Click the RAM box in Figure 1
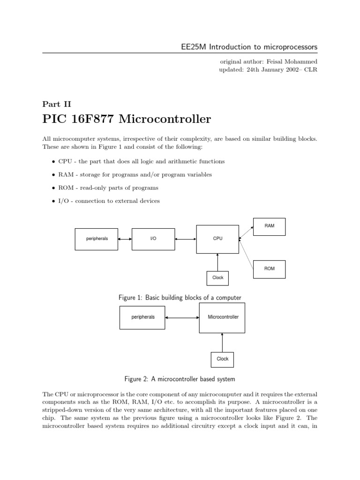269,226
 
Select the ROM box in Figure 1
269,269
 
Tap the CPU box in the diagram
217,239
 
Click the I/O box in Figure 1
153,239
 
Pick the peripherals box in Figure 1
97,239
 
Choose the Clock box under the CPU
218,278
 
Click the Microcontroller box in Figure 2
223,317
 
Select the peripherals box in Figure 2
142,317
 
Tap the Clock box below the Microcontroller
222,359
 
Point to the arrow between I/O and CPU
186,239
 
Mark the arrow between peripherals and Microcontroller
182,318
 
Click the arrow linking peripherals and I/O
125,239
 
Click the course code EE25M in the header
193,47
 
